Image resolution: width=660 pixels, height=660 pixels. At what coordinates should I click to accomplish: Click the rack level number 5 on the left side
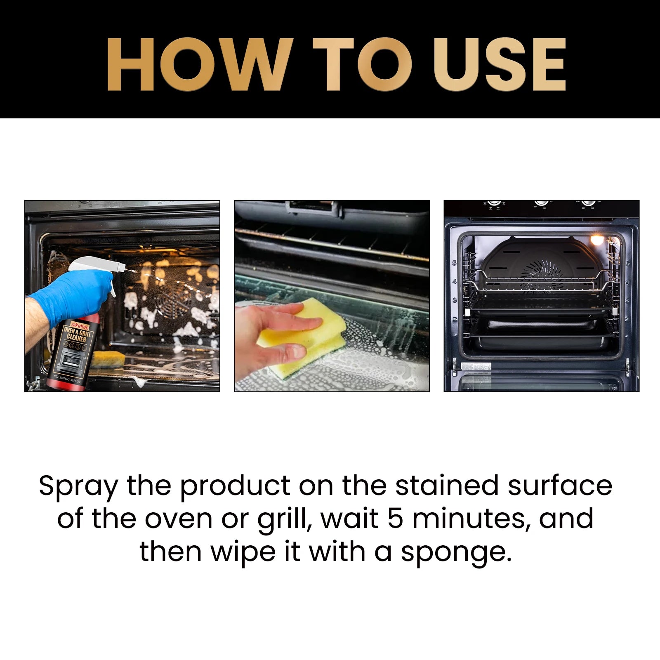[x=455, y=263]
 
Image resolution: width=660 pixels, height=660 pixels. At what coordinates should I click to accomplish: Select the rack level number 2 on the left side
[x=455, y=318]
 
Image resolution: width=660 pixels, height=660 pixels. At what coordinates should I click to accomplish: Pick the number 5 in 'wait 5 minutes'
[x=395, y=519]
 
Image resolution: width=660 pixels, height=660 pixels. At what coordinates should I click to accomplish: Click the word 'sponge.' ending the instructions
[x=456, y=552]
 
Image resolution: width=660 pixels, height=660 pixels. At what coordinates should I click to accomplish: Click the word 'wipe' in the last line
[x=243, y=552]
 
